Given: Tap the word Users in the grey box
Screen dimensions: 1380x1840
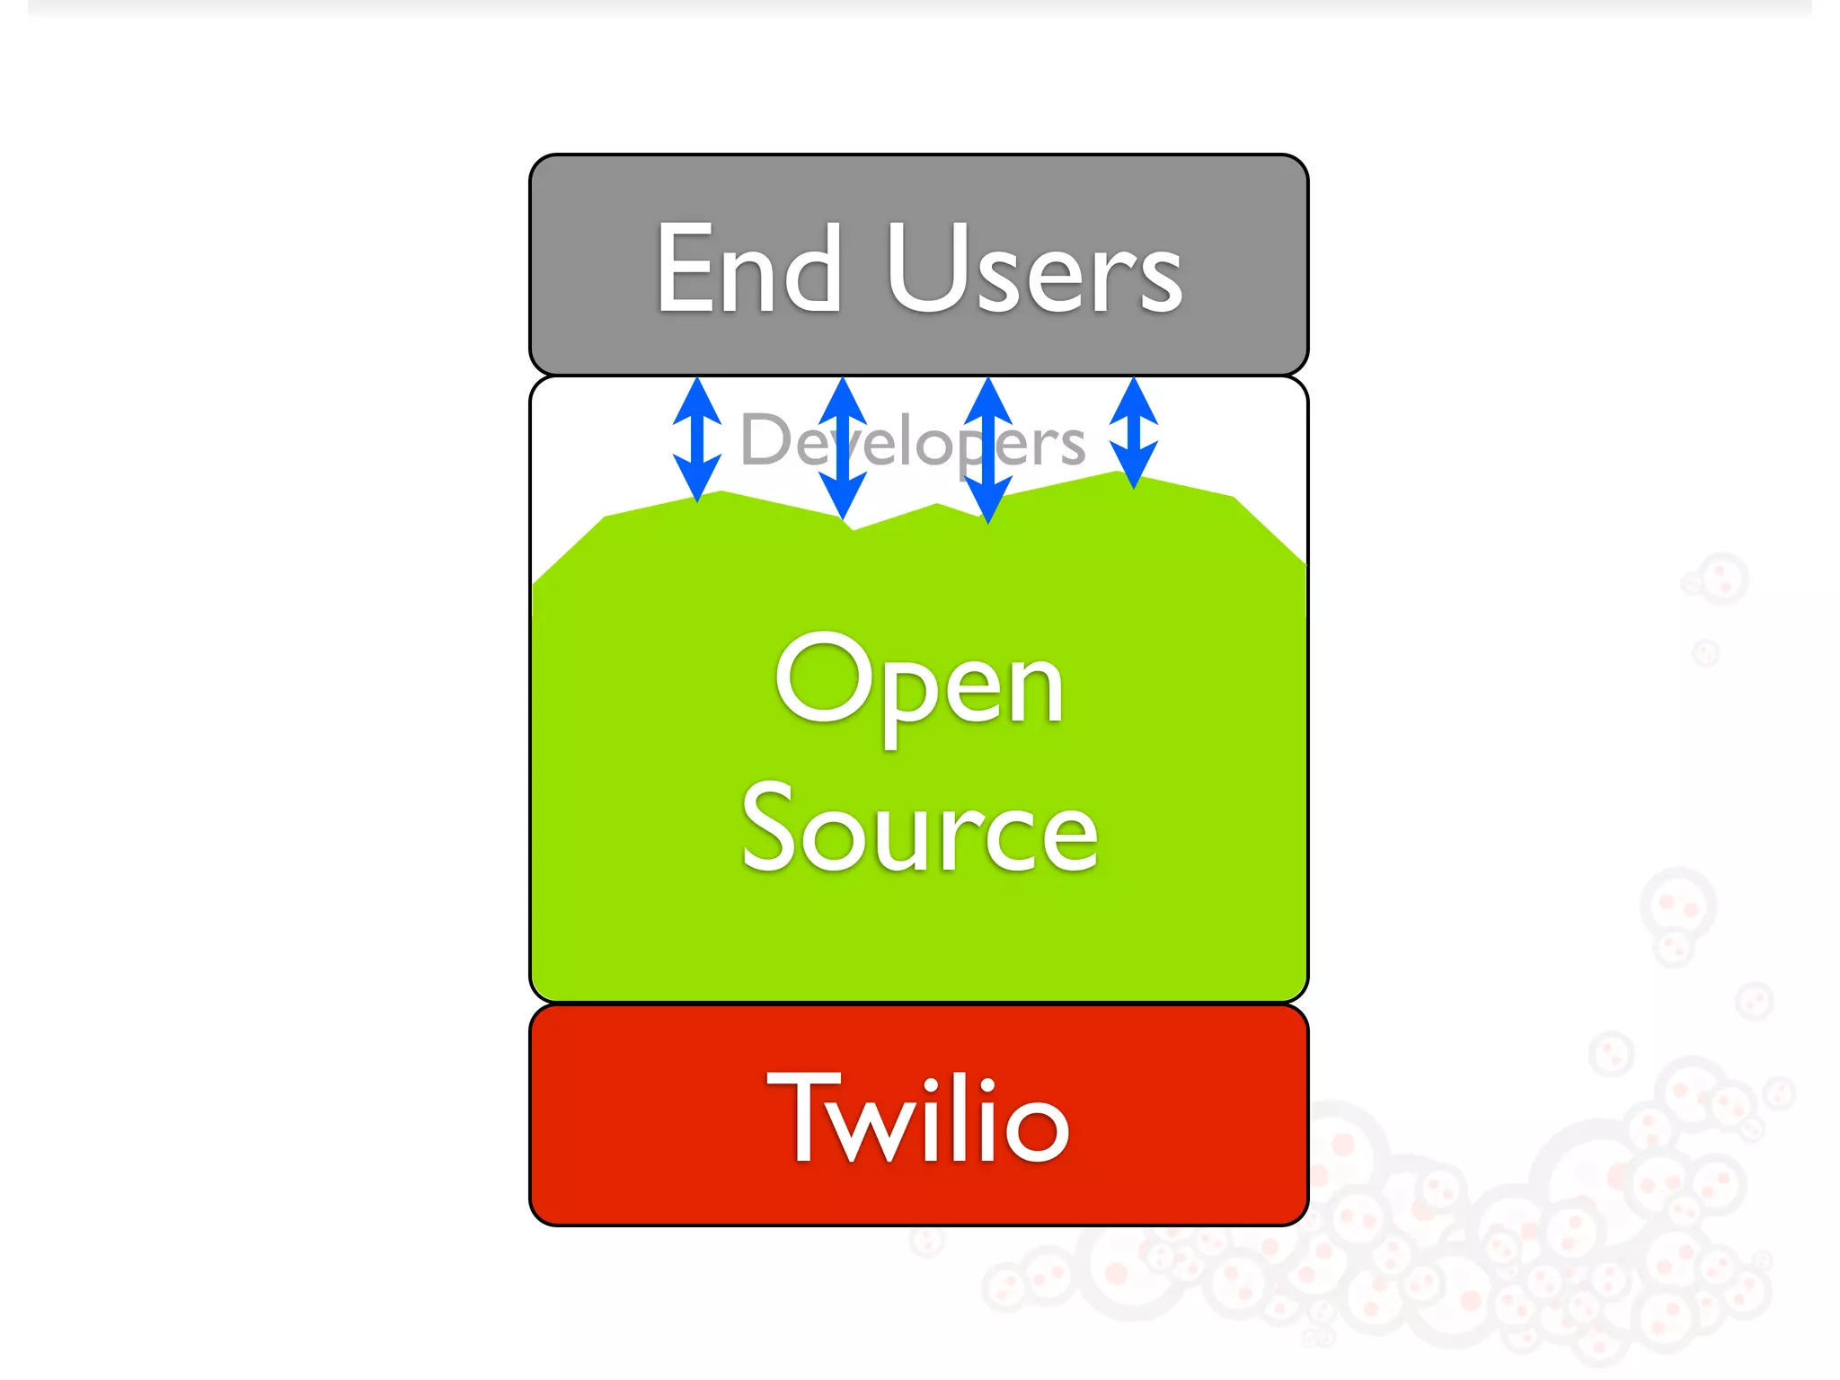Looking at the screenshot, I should pos(1034,269).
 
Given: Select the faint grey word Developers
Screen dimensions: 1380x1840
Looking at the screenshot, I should pos(913,440).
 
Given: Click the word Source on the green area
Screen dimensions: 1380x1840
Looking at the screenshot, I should pos(919,827).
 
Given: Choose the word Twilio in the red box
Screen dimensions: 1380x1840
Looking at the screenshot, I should pos(918,1118).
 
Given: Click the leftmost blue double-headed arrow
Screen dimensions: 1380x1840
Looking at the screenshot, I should pos(697,439).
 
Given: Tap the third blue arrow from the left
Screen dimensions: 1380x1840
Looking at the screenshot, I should pos(988,450).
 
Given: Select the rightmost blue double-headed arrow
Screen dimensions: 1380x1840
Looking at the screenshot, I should pos(1134,433).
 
